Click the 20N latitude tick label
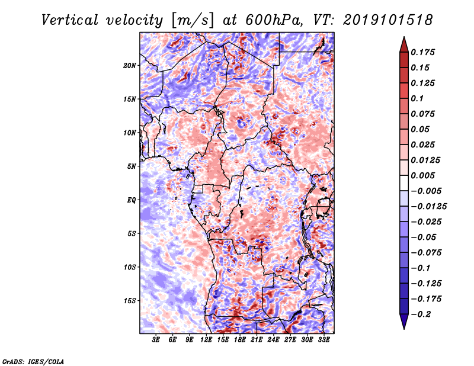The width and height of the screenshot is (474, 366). point(130,66)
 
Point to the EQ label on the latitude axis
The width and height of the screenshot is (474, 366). point(132,200)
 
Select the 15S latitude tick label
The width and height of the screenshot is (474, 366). point(130,301)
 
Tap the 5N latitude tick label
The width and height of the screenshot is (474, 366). point(132,166)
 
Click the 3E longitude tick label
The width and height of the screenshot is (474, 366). point(156,339)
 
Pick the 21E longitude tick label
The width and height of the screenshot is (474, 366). point(257,339)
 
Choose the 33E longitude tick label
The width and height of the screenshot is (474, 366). point(324,339)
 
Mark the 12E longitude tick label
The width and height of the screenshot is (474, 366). point(206,339)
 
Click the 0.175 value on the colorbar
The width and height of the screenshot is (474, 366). point(422,52)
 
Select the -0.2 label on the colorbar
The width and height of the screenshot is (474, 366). point(421,314)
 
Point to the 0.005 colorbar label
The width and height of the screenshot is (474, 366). point(422,175)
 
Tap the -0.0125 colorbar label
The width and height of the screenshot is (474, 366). point(428,207)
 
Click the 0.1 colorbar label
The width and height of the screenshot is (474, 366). point(417,98)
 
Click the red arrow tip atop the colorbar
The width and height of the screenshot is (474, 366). point(404,37)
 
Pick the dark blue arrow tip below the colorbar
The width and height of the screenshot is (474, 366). point(404,329)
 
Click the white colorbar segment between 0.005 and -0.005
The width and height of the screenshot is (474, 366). point(404,183)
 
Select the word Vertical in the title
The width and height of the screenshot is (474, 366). point(70,20)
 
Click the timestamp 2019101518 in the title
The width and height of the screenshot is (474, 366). point(388,20)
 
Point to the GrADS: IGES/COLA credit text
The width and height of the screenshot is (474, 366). point(33,361)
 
